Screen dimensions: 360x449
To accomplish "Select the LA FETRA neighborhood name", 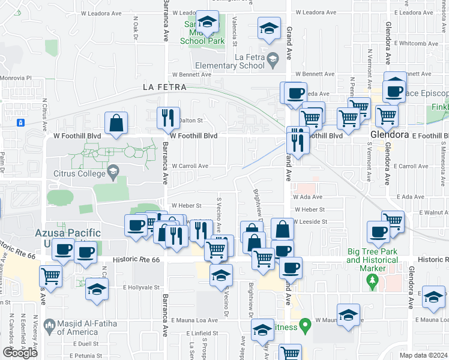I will (164, 87).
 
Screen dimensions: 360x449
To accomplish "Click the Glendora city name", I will (390, 135).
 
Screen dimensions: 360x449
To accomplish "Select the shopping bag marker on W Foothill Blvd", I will (116, 123).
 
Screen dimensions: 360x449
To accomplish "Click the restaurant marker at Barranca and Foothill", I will (169, 117).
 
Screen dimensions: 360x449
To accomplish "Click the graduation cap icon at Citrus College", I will (112, 174).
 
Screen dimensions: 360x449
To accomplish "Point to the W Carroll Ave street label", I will (190, 166).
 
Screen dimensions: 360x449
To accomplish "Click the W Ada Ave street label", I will (308, 197).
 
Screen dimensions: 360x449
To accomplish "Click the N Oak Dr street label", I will (135, 25).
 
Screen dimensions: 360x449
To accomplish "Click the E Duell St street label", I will (86, 344).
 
